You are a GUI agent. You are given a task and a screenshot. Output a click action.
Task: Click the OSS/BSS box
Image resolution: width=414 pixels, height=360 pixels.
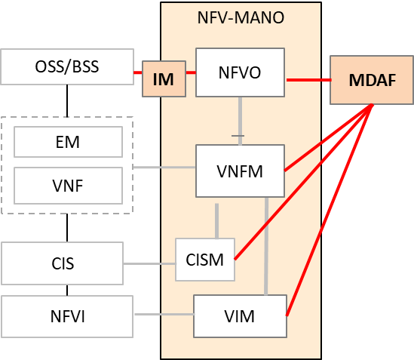67,66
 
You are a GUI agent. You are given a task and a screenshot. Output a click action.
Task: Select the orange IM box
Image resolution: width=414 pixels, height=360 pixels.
164,78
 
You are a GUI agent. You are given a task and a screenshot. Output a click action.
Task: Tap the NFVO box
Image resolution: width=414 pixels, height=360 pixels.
240,72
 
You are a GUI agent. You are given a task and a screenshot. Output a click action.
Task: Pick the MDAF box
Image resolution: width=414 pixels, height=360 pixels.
372,80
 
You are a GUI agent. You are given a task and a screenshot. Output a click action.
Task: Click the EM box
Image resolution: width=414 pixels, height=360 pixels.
68,142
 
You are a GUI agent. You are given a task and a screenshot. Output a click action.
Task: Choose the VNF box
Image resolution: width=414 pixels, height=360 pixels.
68,186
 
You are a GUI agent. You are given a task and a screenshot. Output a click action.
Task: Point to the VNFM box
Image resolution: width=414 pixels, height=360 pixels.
240,171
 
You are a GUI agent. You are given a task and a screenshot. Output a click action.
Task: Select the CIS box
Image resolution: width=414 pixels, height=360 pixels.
63,263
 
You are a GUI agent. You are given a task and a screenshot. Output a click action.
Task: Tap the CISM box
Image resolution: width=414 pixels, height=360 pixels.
205,260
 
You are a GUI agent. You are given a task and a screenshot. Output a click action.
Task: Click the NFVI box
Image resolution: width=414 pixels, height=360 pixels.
67,316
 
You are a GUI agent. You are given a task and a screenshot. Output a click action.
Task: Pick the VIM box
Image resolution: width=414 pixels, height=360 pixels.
240,316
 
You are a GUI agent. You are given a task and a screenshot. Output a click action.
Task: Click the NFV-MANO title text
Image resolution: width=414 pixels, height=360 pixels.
241,17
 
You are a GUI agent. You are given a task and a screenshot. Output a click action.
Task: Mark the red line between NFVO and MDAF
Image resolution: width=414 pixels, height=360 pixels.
308,79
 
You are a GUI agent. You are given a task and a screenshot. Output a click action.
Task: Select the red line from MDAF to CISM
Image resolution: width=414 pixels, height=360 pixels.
303,182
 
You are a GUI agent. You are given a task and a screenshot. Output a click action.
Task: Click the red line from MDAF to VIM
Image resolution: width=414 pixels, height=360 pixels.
330,210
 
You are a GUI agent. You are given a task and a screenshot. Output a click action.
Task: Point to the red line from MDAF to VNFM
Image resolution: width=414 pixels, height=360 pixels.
329,137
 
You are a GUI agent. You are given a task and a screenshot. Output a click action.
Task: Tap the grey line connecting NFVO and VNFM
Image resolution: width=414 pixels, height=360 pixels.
240,121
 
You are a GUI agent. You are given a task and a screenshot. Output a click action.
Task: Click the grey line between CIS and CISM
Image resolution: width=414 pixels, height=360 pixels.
149,263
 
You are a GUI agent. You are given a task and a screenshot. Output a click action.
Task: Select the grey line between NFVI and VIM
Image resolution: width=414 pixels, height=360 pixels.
164,314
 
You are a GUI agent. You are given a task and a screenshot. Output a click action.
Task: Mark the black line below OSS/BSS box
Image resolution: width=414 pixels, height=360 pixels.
67,100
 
